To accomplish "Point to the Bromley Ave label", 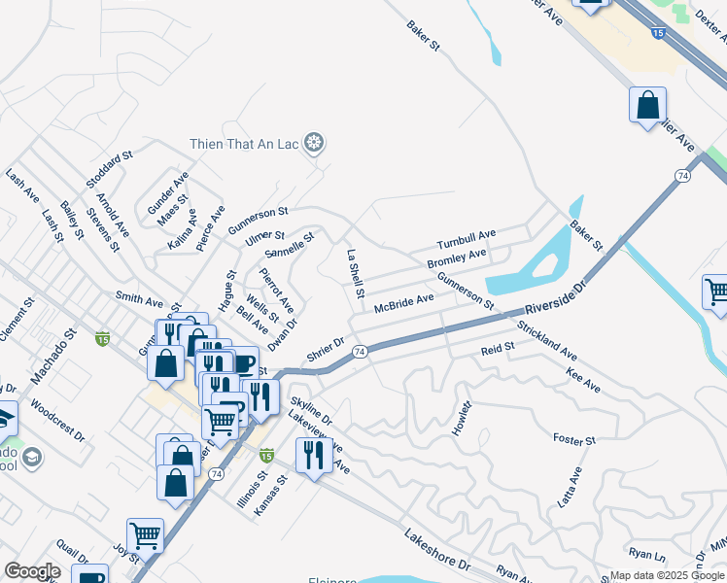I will click(x=456, y=259).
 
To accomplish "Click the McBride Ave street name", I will click(x=403, y=303).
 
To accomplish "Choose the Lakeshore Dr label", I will click(x=437, y=550).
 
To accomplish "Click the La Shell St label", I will click(x=355, y=273).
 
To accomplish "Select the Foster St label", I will click(x=573, y=440).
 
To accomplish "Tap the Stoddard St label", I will click(x=109, y=169).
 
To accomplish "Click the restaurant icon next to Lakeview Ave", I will click(x=313, y=455).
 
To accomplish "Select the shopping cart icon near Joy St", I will click(x=145, y=533).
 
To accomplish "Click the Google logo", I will click(x=33, y=571).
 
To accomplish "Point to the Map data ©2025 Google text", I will click(x=666, y=575).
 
